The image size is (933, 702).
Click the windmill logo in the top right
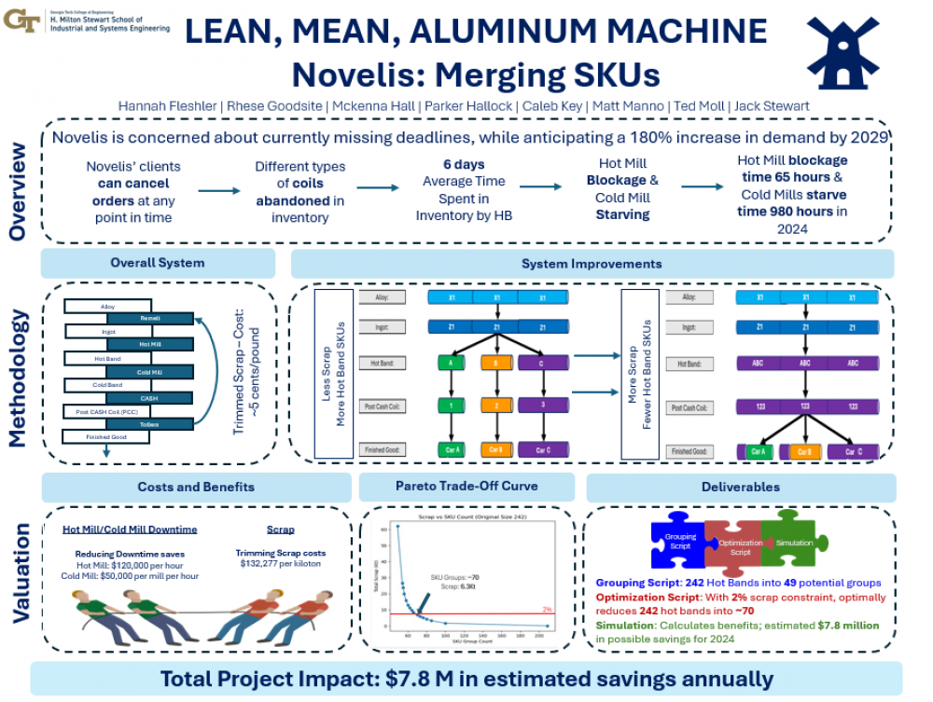tap(842, 53)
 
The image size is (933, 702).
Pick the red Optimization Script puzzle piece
tap(734, 546)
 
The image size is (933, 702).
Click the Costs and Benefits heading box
tap(196, 487)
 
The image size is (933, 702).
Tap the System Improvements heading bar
tap(592, 264)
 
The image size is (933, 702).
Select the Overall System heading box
tap(158, 263)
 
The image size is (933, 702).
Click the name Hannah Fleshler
tap(163, 105)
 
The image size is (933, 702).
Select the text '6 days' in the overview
tap(464, 165)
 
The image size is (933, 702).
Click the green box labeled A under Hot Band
tap(452, 364)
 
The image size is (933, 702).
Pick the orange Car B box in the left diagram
tap(495, 449)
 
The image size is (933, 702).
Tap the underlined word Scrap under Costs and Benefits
tap(280, 530)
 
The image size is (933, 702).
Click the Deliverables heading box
tap(741, 487)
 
